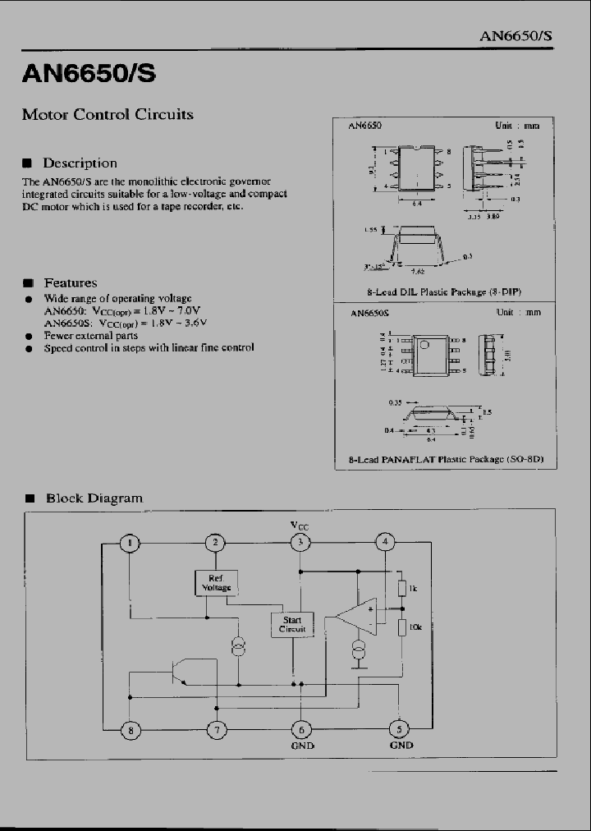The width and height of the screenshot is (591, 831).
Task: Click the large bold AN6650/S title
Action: tap(88, 76)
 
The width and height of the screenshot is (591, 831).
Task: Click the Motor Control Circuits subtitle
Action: tap(108, 115)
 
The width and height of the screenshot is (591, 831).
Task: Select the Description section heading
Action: tap(80, 163)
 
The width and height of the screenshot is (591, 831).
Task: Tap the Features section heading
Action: tap(70, 282)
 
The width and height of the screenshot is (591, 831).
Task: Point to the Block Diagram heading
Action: tap(94, 498)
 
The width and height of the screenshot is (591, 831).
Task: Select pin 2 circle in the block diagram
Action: tap(215, 542)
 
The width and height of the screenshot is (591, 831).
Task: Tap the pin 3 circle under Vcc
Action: tap(300, 542)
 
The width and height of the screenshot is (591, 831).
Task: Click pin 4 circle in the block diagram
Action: tap(384, 542)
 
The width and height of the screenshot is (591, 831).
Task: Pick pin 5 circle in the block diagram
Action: tap(400, 728)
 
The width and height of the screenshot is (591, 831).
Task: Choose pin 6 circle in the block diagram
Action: tap(300, 728)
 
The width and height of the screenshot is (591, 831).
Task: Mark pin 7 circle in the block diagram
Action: tap(216, 728)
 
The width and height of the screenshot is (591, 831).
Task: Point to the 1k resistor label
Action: tap(414, 589)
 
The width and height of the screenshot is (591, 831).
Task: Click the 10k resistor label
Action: tap(415, 627)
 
